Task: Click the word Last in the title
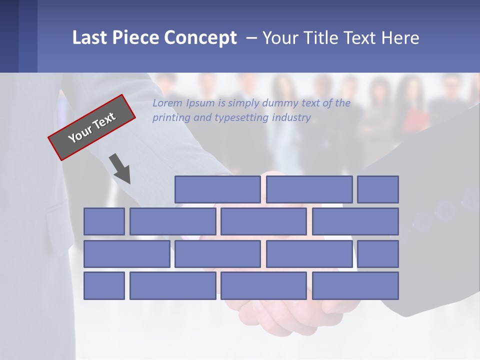90,38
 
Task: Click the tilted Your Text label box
92,127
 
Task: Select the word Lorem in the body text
167,103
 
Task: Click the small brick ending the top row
378,189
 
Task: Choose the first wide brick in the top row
217,189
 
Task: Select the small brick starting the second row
104,221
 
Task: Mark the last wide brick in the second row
355,221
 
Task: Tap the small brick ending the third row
378,254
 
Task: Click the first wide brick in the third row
126,254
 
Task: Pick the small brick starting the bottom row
104,286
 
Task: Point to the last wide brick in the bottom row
355,286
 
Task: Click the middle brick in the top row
309,189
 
